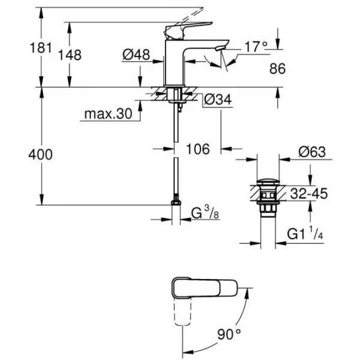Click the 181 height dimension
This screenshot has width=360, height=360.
41,48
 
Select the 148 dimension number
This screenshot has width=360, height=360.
70,55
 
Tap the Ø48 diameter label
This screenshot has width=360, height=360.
136,55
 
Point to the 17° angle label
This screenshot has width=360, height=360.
256,47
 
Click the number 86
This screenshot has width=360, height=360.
278,68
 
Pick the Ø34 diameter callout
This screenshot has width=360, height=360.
218,100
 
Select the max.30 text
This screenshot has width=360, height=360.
108,113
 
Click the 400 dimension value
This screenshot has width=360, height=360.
40,154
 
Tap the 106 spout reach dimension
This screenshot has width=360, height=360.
198,149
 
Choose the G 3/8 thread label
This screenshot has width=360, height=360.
205,212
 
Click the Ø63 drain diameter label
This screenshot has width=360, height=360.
312,152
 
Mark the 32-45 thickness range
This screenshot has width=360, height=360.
309,193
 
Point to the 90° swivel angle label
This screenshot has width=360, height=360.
229,334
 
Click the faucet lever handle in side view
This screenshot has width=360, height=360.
188,31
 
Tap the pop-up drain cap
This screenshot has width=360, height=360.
268,182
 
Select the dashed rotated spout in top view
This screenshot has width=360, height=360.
183,311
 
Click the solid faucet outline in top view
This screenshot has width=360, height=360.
205,288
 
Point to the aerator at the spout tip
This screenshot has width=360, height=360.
220,47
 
